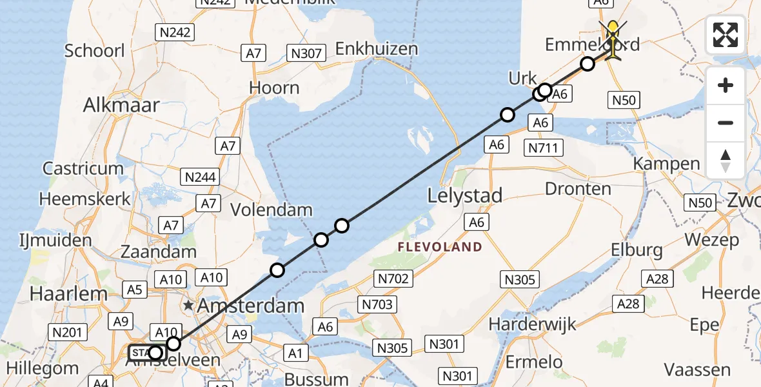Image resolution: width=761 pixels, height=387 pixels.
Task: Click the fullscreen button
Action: tap(726, 35)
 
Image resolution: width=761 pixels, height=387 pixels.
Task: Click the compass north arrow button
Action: tap(726, 160)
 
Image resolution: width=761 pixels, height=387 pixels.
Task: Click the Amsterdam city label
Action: tap(252, 305)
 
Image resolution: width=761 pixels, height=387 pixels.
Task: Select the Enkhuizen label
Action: tap(377, 49)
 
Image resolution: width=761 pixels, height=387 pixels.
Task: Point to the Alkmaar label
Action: tap(121, 105)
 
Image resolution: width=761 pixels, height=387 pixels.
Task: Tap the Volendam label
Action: tap(272, 210)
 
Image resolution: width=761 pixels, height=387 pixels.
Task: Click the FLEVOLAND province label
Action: tap(439, 247)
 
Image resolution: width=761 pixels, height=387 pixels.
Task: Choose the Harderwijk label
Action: tap(532, 322)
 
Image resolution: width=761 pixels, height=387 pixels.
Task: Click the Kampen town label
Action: tap(666, 164)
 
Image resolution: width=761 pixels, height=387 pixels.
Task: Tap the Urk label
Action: tap(522, 79)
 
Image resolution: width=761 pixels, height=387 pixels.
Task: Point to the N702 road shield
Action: tap(392, 279)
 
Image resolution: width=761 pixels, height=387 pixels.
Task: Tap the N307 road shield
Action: tap(306, 54)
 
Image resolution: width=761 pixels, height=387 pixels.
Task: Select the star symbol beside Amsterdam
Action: tap(188, 304)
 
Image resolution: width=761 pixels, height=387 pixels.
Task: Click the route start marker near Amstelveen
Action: tap(155, 352)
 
